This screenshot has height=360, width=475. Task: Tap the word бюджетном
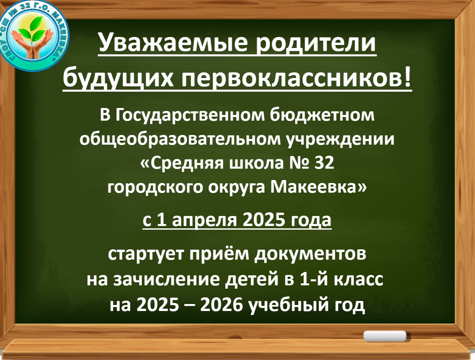click(x=322, y=116)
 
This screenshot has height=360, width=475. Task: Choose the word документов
click(x=311, y=255)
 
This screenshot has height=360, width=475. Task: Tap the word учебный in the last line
click(x=290, y=306)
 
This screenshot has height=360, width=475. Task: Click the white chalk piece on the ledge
click(x=385, y=336)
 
